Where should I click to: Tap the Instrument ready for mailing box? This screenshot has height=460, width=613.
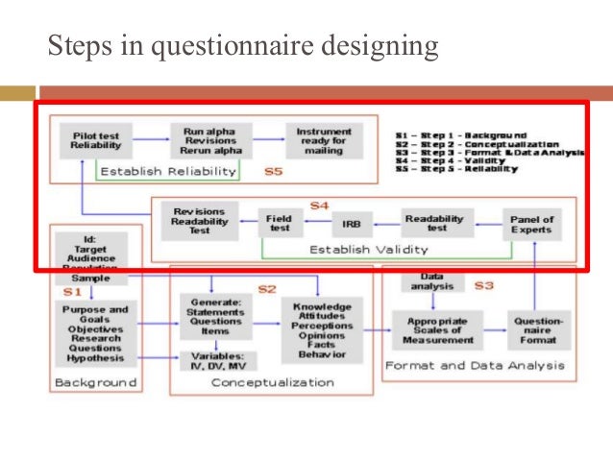click(x=317, y=140)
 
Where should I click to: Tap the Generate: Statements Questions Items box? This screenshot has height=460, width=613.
click(x=215, y=315)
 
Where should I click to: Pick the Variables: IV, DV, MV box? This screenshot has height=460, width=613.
click(x=216, y=361)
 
